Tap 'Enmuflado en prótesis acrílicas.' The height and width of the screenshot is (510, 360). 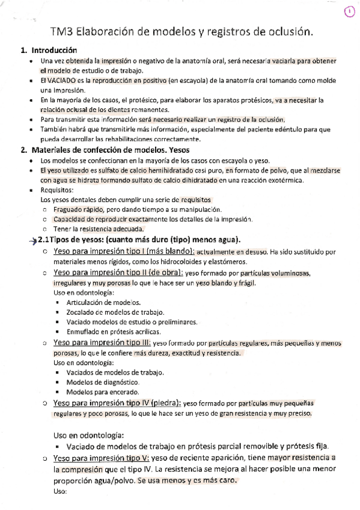pyautogui.click(x=114, y=332)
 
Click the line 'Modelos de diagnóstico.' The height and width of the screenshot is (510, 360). pyautogui.click(x=103, y=382)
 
